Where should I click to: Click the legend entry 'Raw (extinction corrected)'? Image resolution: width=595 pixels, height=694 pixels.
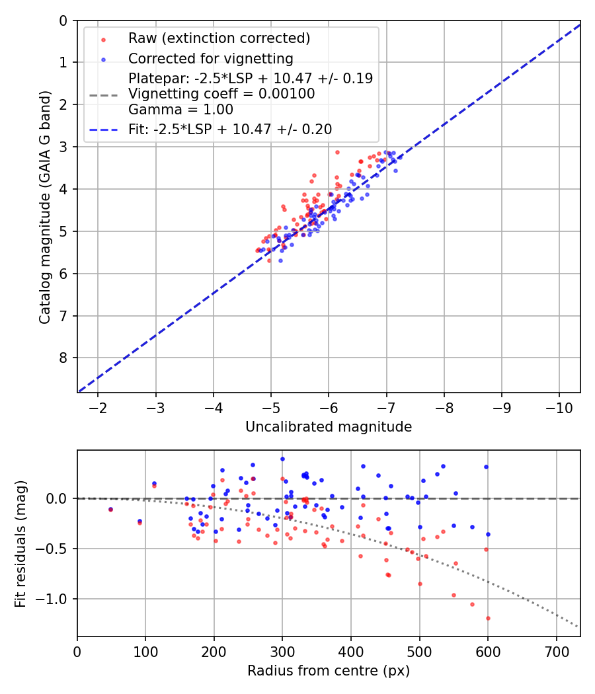pos(219,38)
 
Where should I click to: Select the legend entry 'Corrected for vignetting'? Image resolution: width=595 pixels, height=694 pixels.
pos(210,58)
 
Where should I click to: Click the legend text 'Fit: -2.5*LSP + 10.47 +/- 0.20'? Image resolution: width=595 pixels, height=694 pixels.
pos(230,130)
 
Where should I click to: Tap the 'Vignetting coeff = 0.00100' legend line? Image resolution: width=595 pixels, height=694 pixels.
pos(221,94)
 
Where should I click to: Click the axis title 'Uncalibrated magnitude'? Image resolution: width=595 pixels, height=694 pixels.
pos(329,427)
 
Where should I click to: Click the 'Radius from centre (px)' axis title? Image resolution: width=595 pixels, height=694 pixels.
pos(329,671)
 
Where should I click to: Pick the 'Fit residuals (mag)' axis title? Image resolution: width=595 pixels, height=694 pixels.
pos(21,544)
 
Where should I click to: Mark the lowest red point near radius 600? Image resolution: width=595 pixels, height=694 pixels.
pos(488,618)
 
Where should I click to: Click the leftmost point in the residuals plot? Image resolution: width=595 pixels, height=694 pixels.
pos(110,510)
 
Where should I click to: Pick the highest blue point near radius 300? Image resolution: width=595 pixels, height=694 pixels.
pos(282,459)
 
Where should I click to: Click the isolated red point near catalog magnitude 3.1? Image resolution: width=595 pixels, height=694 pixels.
pos(337,152)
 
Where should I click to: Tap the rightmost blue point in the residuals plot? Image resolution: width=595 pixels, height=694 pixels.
pos(488,534)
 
